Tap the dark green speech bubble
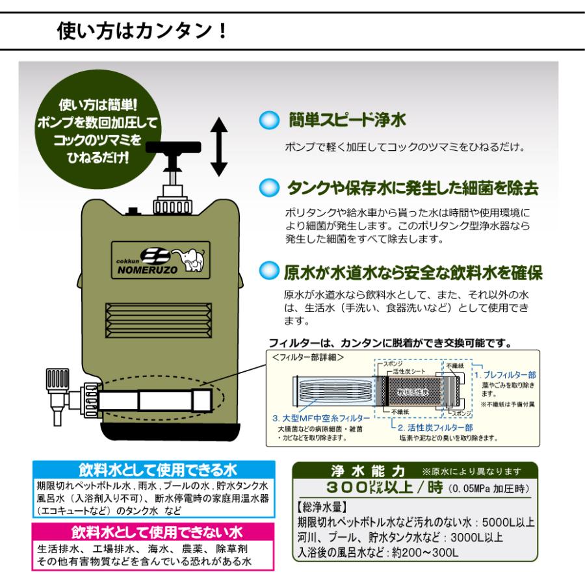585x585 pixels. click(99, 131)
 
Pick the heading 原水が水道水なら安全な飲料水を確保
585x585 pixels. click(413, 271)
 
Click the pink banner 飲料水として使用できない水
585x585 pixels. click(154, 532)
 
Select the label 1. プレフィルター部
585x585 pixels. click(505, 375)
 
